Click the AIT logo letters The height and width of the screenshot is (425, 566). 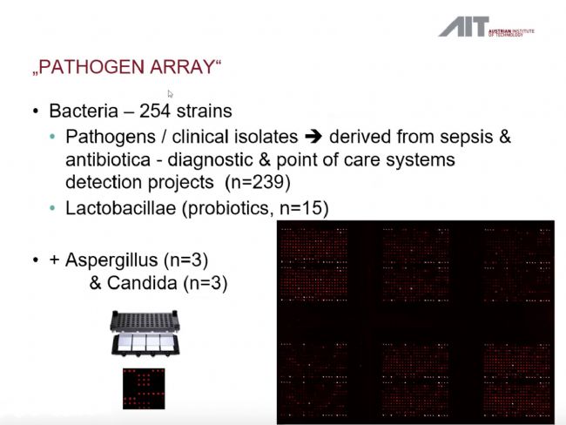pyautogui.click(x=464, y=27)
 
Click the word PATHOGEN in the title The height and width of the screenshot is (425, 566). pyautogui.click(x=91, y=67)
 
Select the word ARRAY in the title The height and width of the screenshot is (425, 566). pyautogui.click(x=182, y=67)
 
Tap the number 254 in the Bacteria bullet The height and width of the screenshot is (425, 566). pyautogui.click(x=155, y=111)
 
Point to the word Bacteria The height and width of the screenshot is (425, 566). pyautogui.click(x=84, y=111)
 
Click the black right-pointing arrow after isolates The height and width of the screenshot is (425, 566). pyautogui.click(x=313, y=137)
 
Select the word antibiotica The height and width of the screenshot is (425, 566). pyautogui.click(x=108, y=159)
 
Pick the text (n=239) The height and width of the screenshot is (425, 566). pyautogui.click(x=258, y=182)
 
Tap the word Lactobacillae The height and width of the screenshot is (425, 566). pyautogui.click(x=120, y=208)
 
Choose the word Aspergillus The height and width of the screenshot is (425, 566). pyautogui.click(x=112, y=260)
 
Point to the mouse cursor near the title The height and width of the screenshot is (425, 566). pyautogui.click(x=170, y=94)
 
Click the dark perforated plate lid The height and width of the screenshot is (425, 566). pyautogui.click(x=145, y=320)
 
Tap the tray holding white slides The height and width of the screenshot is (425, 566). pyautogui.click(x=145, y=344)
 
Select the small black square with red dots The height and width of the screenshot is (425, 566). pyautogui.click(x=144, y=389)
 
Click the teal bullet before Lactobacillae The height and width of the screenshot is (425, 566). pyautogui.click(x=53, y=208)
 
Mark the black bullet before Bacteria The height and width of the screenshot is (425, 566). pyautogui.click(x=36, y=111)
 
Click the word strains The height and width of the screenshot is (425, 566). pyautogui.click(x=205, y=111)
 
